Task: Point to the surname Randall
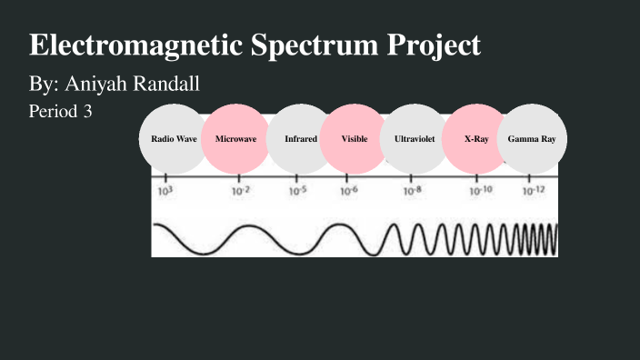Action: pyautogui.click(x=168, y=85)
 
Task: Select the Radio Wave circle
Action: pyautogui.click(x=174, y=139)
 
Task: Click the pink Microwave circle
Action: pyautogui.click(x=235, y=139)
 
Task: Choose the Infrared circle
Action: pyautogui.click(x=300, y=139)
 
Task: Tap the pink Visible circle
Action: pyautogui.click(x=355, y=139)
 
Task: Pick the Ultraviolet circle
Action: pyautogui.click(x=413, y=139)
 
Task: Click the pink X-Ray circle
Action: pyautogui.click(x=476, y=139)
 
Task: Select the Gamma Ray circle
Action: pyautogui.click(x=533, y=139)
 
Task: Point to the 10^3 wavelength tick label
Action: pyautogui.click(x=165, y=192)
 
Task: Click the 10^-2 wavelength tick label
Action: pyautogui.click(x=240, y=192)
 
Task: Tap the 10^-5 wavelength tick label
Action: pyautogui.click(x=298, y=192)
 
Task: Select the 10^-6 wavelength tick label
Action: pyautogui.click(x=349, y=192)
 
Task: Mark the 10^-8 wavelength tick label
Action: pyautogui.click(x=413, y=192)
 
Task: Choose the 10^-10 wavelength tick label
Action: pyautogui.click(x=481, y=192)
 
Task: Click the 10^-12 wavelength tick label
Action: pyautogui.click(x=534, y=192)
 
